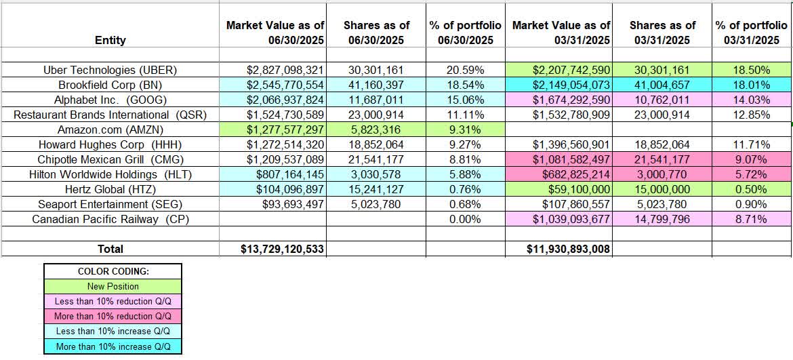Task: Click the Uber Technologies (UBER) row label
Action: [110, 69]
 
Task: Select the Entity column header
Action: [110, 40]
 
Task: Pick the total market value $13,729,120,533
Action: [283, 249]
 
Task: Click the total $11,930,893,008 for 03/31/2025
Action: [569, 249]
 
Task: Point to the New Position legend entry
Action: [113, 286]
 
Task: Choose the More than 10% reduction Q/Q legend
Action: [113, 316]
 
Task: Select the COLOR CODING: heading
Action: [113, 271]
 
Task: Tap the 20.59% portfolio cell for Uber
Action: [465, 69]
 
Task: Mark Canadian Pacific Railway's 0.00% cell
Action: [465, 218]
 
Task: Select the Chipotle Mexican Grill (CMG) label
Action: [110, 159]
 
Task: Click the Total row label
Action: [110, 249]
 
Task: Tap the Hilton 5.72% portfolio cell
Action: [752, 174]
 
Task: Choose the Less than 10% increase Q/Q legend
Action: [113, 331]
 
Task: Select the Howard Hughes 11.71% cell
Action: [752, 144]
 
